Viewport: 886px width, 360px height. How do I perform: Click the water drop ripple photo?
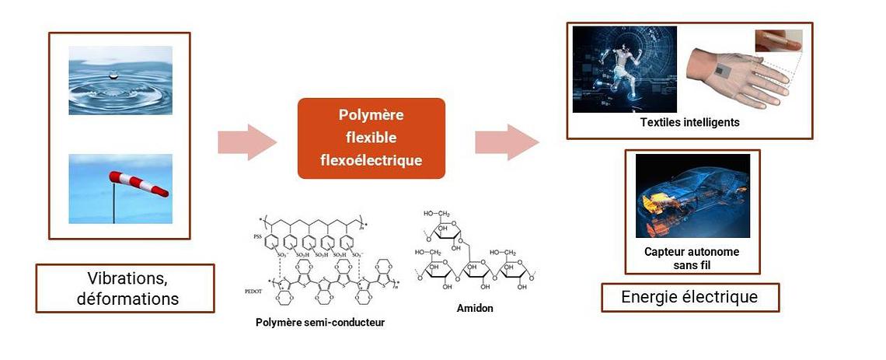click(120, 80)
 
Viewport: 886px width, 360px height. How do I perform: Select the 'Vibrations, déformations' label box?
click(124, 288)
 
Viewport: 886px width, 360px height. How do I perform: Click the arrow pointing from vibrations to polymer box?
click(246, 142)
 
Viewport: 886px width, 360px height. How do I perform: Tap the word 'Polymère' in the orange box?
click(371, 115)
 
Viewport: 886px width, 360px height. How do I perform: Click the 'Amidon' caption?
click(474, 308)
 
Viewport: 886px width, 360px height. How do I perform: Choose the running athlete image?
click(624, 69)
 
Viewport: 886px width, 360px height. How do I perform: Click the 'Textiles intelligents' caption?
click(689, 123)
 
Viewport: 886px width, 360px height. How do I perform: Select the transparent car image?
click(692, 195)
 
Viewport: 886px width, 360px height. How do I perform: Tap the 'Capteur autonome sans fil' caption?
click(692, 258)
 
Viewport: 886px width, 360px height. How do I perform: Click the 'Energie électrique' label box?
click(689, 297)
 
